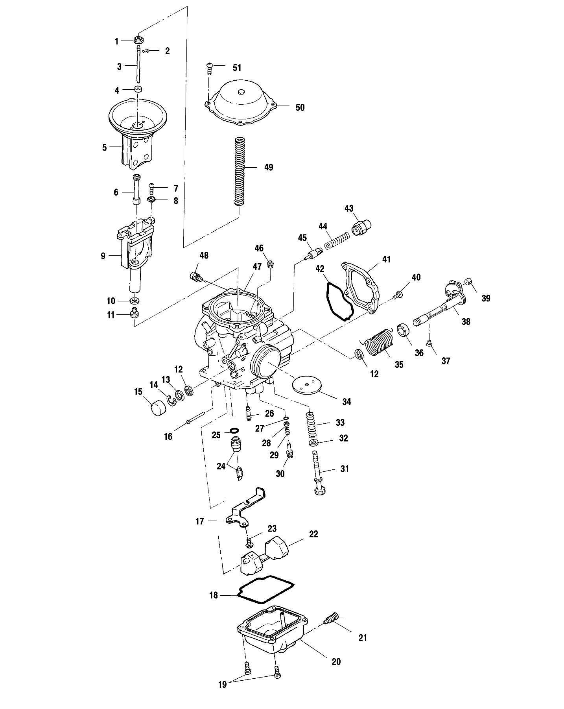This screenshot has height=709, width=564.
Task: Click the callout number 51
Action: (237, 68)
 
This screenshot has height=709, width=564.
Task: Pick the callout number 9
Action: (103, 256)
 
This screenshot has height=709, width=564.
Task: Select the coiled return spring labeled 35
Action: (378, 343)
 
